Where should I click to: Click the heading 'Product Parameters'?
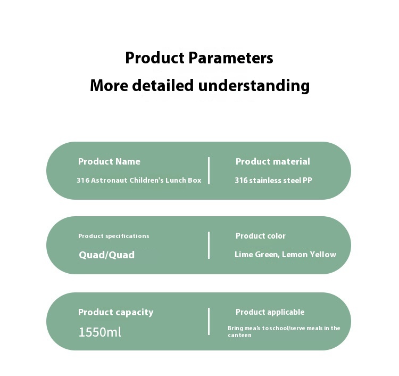tap(199, 58)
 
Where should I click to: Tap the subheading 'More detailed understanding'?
tap(199, 85)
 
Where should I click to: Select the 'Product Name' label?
tap(109, 161)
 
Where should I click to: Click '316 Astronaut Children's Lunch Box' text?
tap(139, 181)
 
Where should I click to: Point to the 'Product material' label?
tap(272, 161)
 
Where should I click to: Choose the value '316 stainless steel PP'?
tap(273, 181)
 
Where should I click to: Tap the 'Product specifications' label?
tap(113, 236)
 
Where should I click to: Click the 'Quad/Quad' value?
tap(106, 255)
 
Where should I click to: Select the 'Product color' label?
tap(260, 236)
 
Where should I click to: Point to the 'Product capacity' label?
tap(115, 312)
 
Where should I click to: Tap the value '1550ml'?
tap(99, 332)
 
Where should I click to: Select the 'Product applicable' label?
tap(270, 312)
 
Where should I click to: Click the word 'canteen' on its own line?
tap(239, 336)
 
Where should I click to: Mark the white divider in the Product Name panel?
tap(209, 170)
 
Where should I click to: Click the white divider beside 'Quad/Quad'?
tap(209, 245)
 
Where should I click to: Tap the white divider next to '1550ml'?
tap(209, 321)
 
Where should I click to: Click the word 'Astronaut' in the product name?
tap(109, 181)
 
